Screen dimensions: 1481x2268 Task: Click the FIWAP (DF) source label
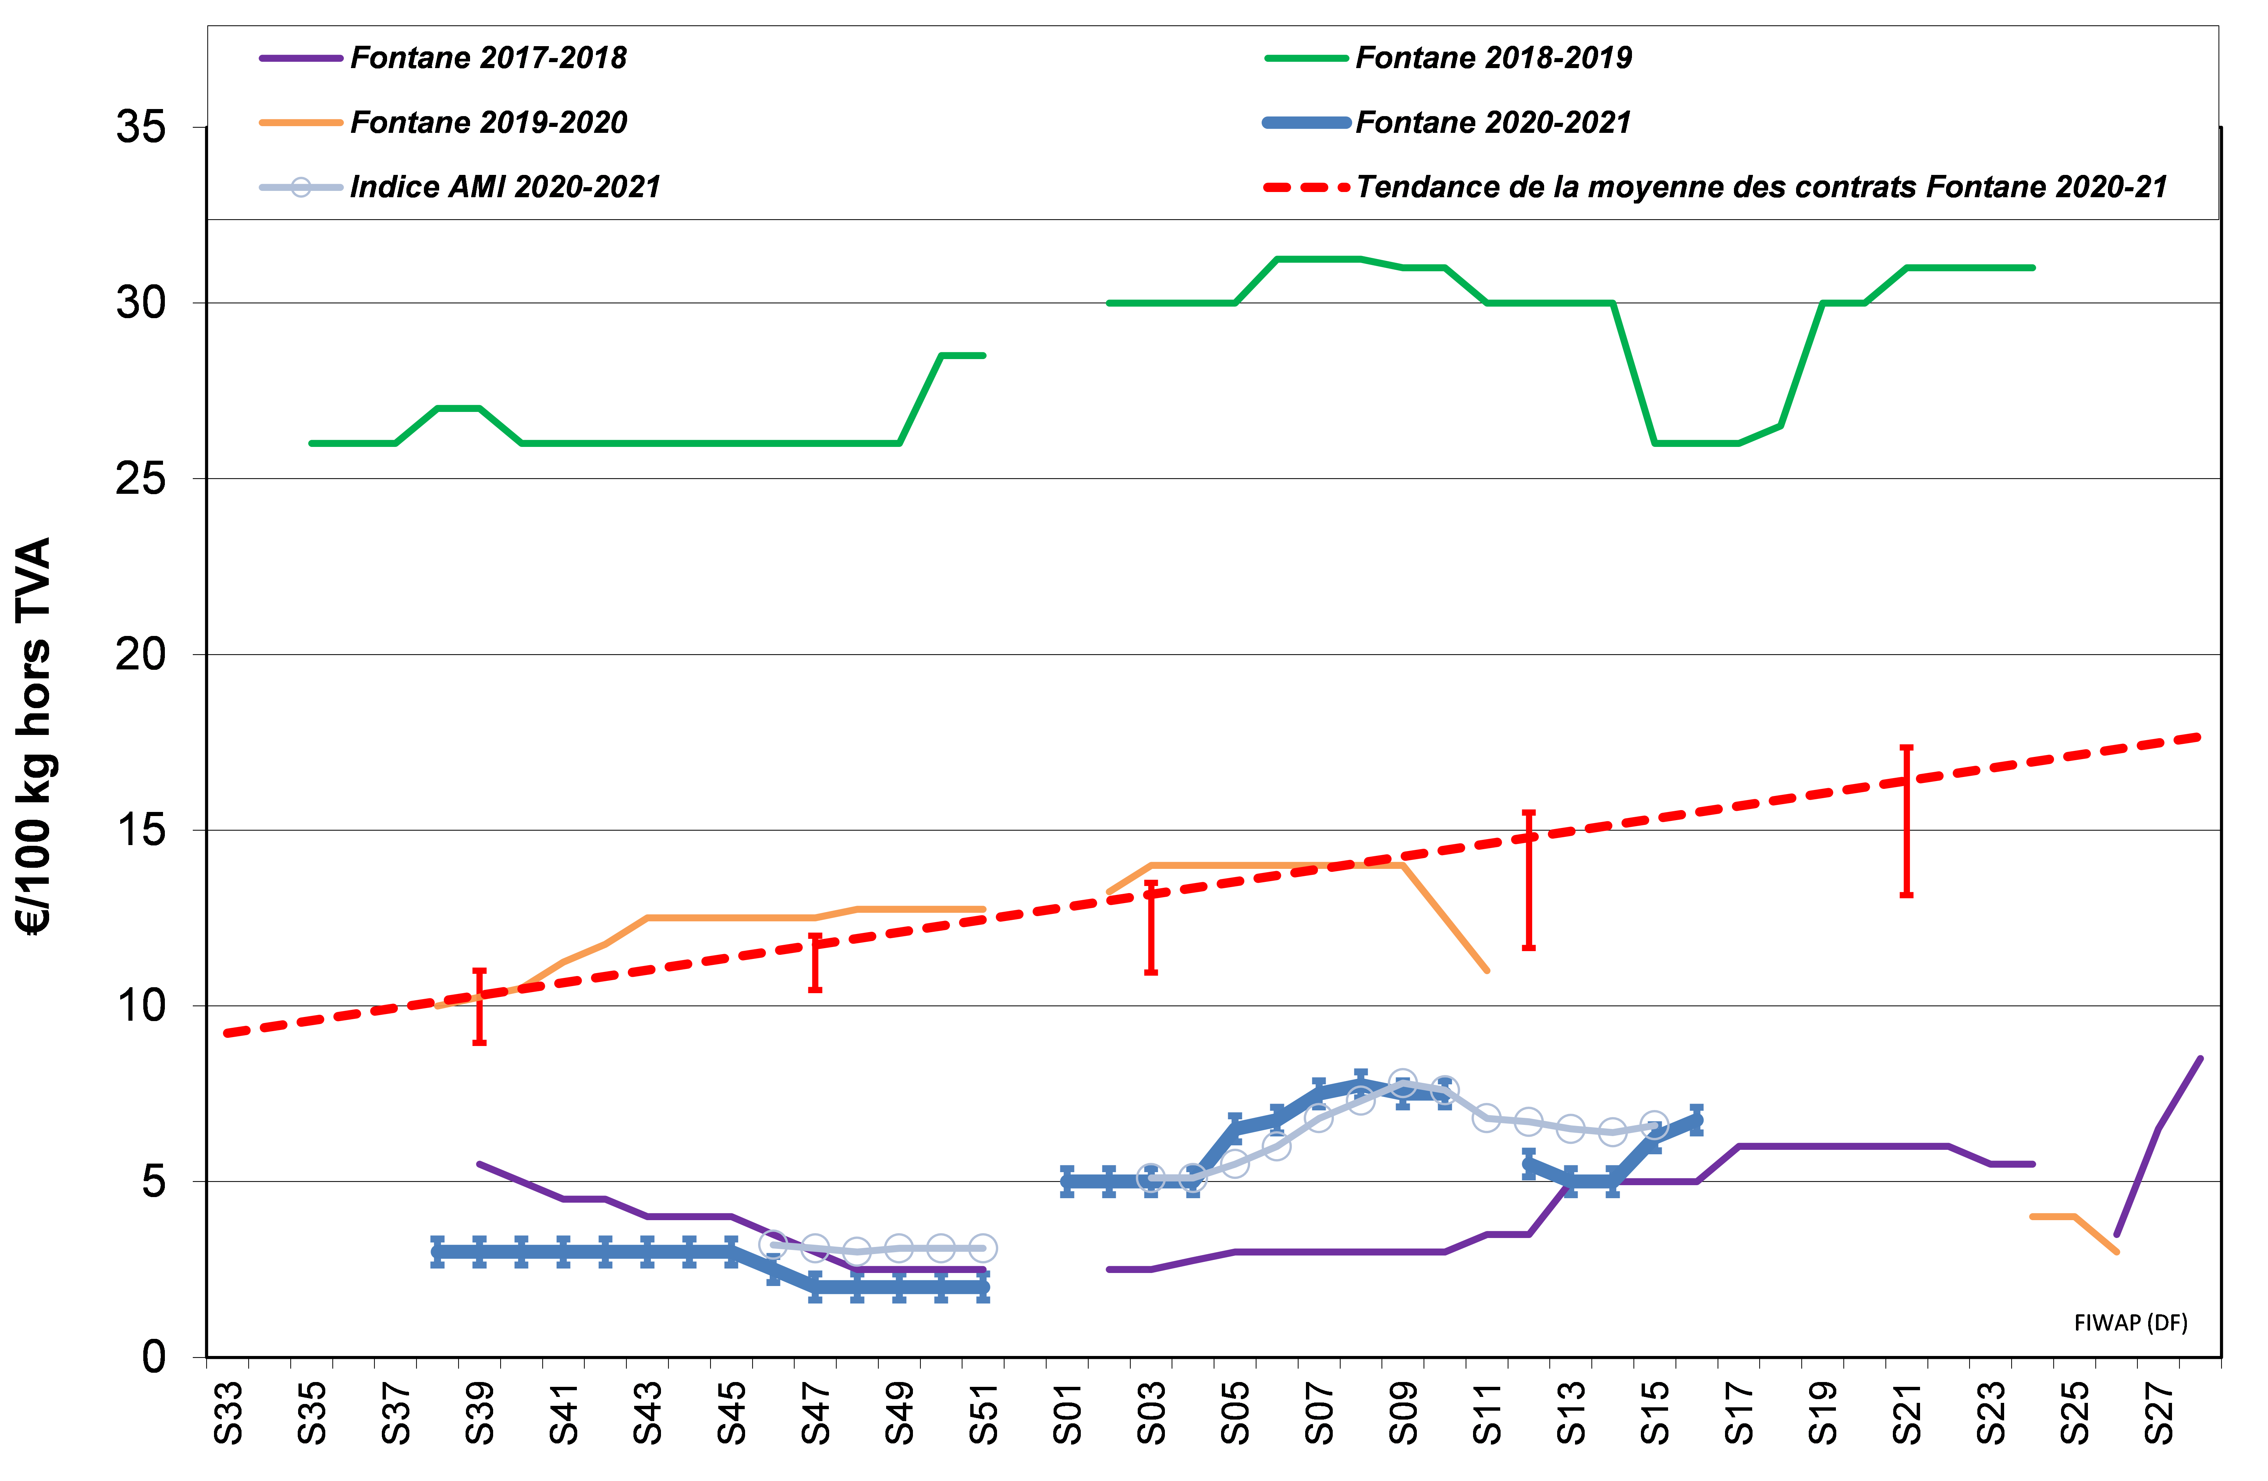click(x=2131, y=1323)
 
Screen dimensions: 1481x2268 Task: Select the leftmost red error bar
click(x=479, y=1007)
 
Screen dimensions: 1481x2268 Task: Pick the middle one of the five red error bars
click(x=1151, y=927)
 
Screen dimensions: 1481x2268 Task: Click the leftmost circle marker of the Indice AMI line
click(x=773, y=1244)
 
